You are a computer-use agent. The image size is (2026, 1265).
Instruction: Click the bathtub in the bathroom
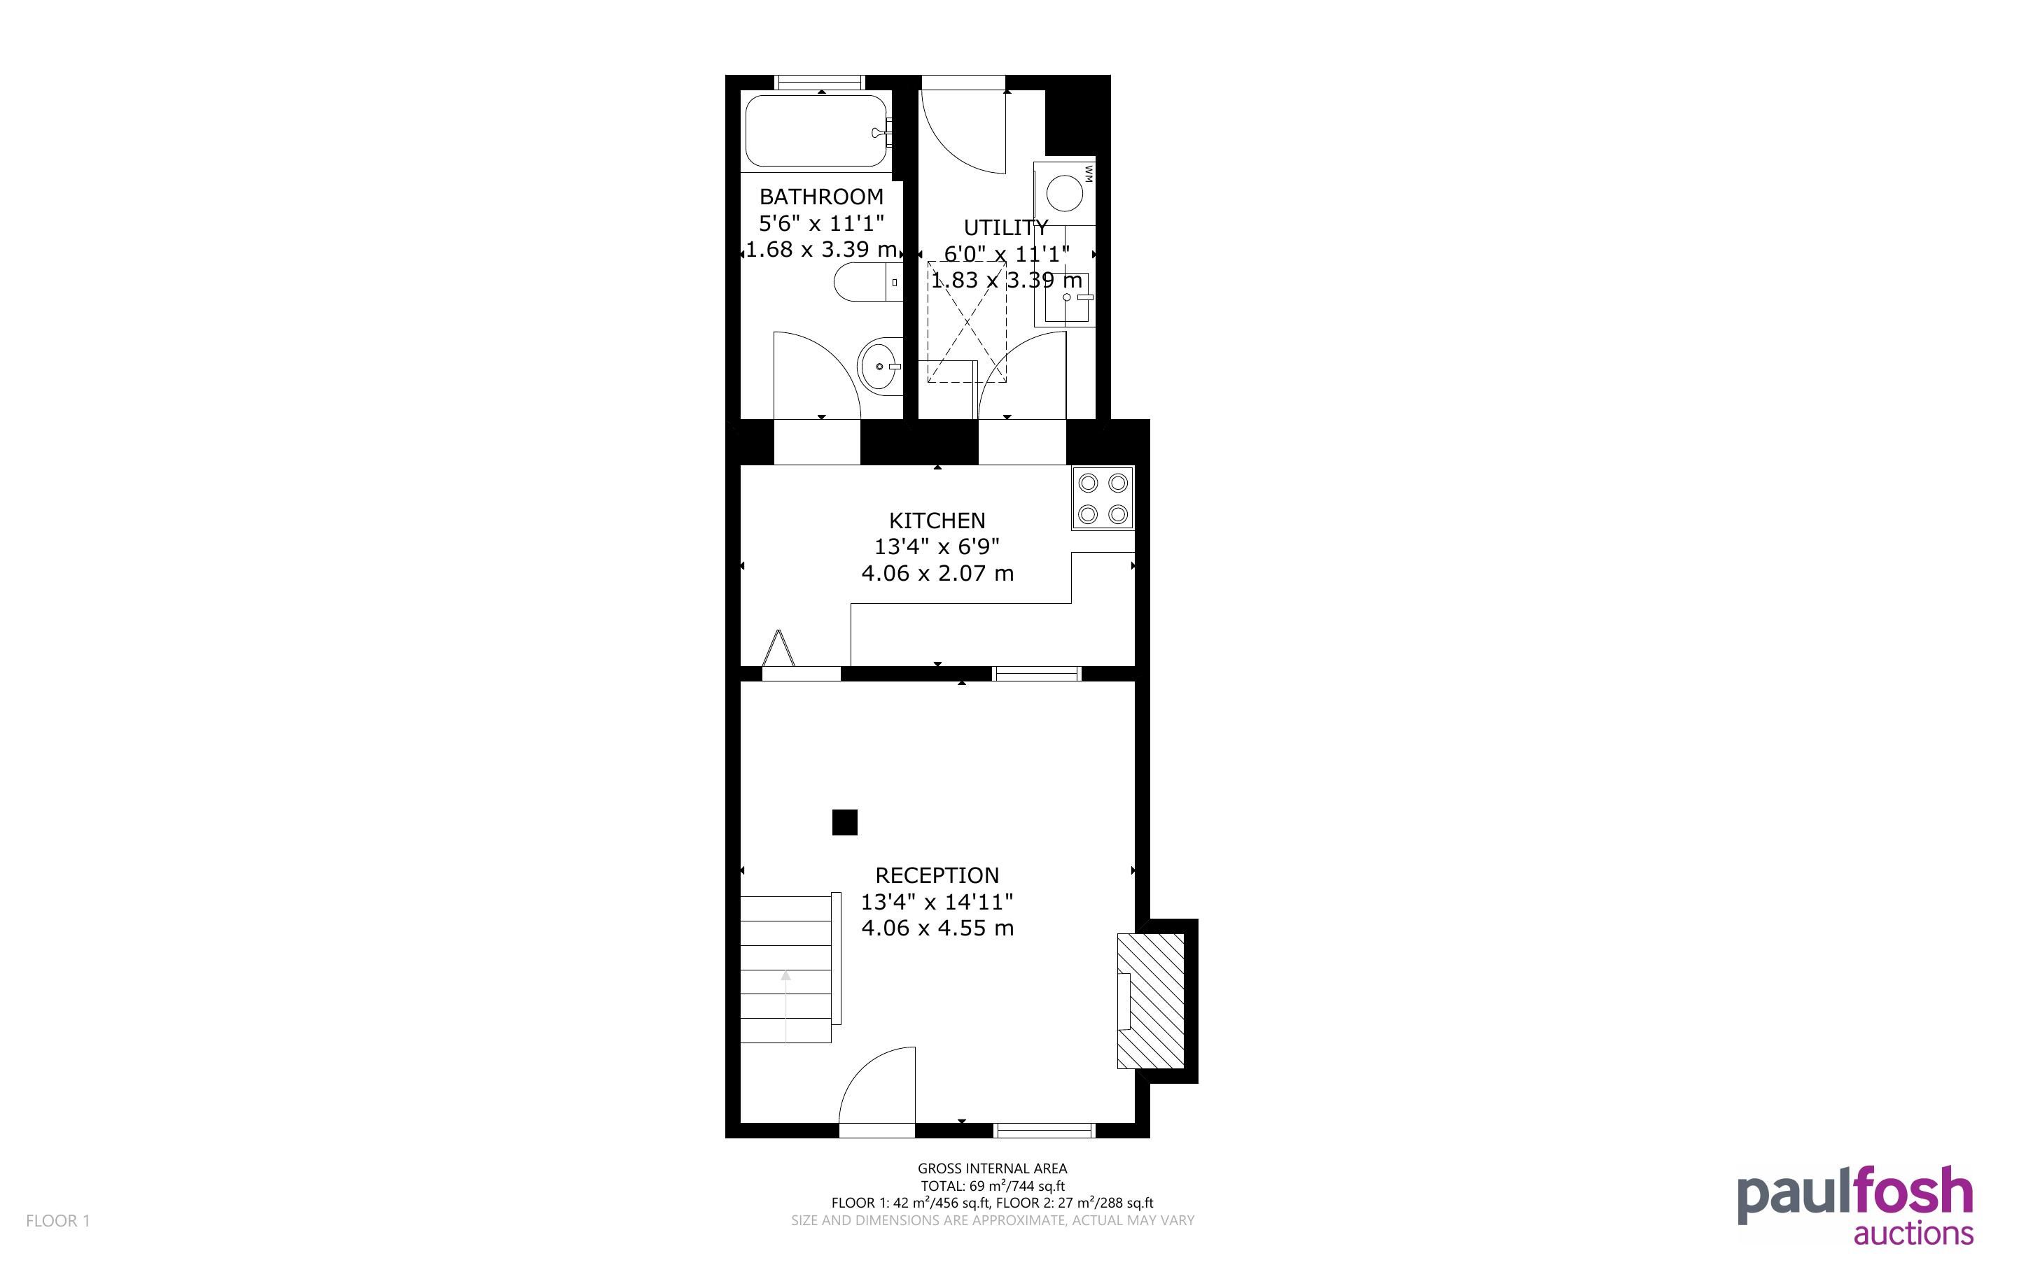[816, 132]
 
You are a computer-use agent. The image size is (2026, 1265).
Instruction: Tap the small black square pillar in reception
[844, 822]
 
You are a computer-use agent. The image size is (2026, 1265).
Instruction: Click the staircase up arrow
[785, 1005]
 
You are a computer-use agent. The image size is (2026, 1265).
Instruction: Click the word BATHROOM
[821, 197]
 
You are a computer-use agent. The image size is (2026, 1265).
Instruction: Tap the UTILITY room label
[1006, 227]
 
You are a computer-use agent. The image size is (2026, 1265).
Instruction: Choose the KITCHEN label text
[937, 521]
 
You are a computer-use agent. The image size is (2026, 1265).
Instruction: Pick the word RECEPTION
[937, 875]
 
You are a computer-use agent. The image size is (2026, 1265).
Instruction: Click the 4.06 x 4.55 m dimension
[937, 928]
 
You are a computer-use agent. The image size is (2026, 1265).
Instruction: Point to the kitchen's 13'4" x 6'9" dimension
[937, 546]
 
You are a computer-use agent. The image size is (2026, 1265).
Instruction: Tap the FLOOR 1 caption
[57, 1221]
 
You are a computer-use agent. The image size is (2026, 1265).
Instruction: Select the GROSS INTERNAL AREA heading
[993, 1168]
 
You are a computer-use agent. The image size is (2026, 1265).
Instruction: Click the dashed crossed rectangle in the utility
[967, 322]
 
